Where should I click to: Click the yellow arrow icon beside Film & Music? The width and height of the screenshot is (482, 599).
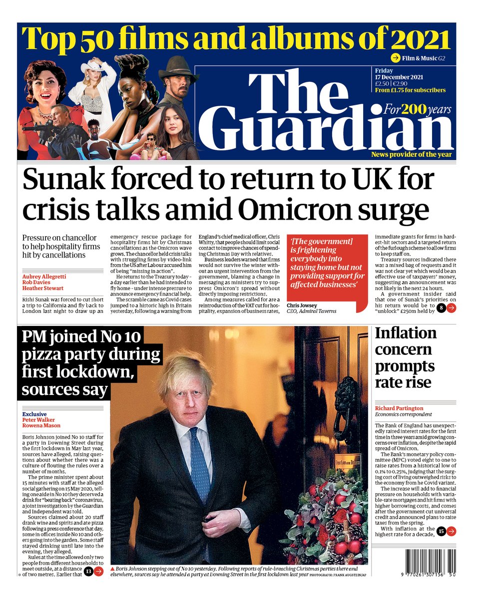[396, 57]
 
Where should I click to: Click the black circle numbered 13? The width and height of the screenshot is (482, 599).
[88, 571]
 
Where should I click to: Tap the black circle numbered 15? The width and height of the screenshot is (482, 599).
[440, 532]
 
